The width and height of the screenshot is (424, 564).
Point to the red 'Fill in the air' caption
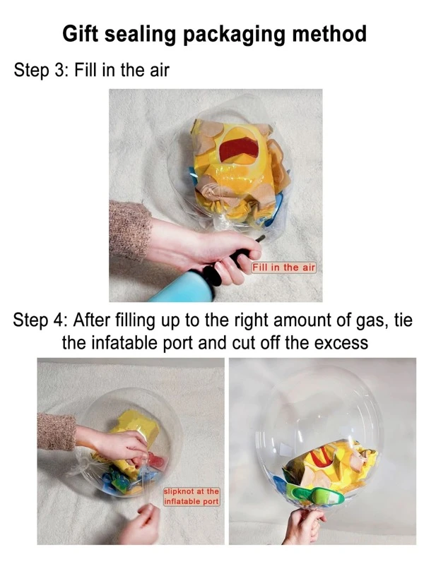pyautogui.click(x=283, y=268)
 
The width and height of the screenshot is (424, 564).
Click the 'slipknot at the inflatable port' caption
pyautogui.click(x=192, y=496)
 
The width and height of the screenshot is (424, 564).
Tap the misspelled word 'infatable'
pyautogui.click(x=127, y=343)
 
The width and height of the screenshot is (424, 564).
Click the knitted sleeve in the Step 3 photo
pyautogui.click(x=130, y=230)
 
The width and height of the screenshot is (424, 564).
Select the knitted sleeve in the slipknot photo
pyautogui.click(x=57, y=431)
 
